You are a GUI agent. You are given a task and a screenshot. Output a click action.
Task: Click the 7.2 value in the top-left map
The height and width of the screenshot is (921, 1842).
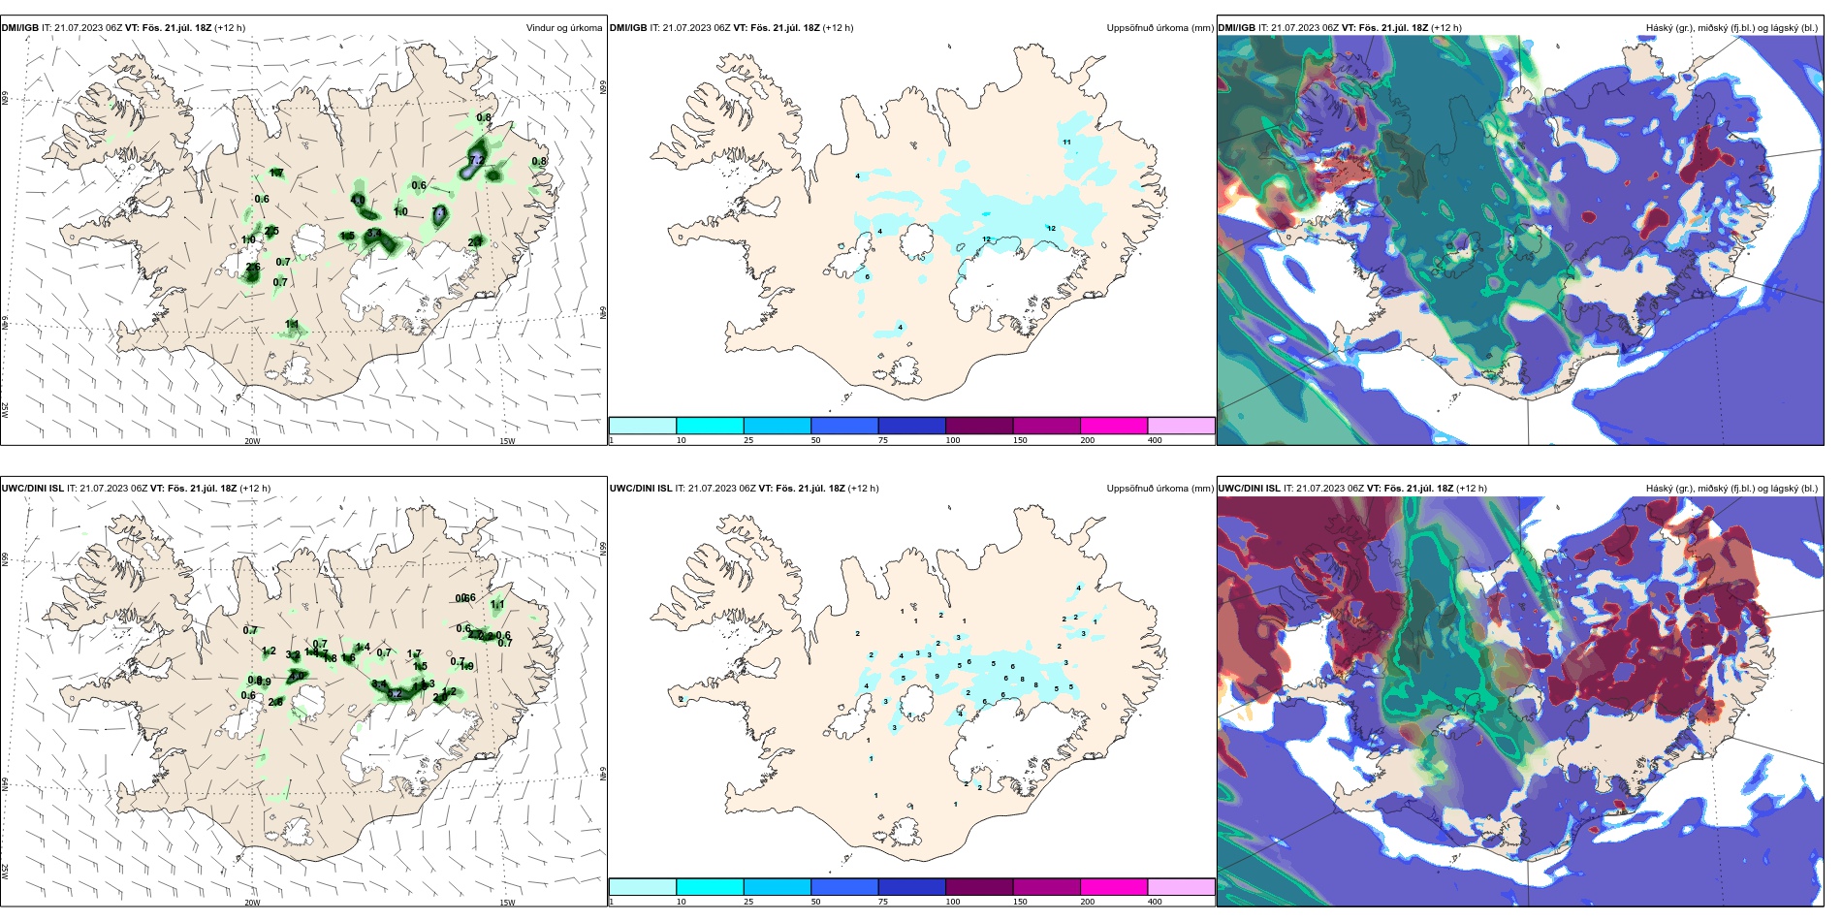pyautogui.click(x=476, y=159)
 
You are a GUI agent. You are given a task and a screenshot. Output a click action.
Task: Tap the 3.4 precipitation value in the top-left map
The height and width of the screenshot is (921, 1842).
pyautogui.click(x=373, y=234)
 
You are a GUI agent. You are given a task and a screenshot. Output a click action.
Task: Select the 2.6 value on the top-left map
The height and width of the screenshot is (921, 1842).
pyautogui.click(x=253, y=268)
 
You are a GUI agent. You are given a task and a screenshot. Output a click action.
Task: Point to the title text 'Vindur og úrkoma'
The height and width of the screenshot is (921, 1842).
pyautogui.click(x=563, y=28)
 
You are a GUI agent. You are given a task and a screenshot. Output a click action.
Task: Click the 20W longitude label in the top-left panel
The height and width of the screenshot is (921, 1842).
pyautogui.click(x=252, y=441)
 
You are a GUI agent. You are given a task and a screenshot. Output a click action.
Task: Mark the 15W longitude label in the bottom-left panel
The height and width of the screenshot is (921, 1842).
pyautogui.click(x=507, y=903)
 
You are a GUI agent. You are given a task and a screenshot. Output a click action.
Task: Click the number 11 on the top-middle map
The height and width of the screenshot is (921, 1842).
pyautogui.click(x=1066, y=143)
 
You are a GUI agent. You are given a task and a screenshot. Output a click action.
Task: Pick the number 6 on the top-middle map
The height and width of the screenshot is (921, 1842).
pyautogui.click(x=867, y=277)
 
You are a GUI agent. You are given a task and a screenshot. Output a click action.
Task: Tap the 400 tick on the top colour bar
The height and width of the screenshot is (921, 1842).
pyautogui.click(x=1155, y=440)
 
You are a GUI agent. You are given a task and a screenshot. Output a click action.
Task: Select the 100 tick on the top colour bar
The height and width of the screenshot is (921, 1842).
pyautogui.click(x=953, y=440)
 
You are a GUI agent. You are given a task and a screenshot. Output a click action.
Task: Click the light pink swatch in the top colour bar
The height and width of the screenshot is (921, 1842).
pyautogui.click(x=1181, y=426)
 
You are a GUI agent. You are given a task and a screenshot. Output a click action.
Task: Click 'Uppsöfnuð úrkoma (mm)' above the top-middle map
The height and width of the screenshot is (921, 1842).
pyautogui.click(x=1159, y=28)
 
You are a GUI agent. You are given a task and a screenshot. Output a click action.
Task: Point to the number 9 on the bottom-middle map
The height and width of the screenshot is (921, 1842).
pyautogui.click(x=937, y=676)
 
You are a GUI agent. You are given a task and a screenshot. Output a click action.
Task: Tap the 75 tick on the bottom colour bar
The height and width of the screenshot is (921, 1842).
pyautogui.click(x=883, y=902)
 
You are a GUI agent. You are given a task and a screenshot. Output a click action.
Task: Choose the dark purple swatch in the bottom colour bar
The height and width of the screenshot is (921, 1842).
pyautogui.click(x=978, y=887)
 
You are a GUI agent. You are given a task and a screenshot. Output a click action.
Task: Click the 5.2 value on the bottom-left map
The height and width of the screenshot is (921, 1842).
pyautogui.click(x=395, y=694)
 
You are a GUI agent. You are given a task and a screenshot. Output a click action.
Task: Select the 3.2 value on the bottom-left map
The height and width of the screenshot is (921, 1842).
pyautogui.click(x=292, y=655)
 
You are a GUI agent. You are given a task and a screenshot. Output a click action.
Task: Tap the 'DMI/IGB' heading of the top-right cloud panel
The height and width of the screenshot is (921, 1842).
pyautogui.click(x=1236, y=28)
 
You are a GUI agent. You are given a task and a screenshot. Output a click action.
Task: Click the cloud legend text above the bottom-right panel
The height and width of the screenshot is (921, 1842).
pyautogui.click(x=1731, y=489)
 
